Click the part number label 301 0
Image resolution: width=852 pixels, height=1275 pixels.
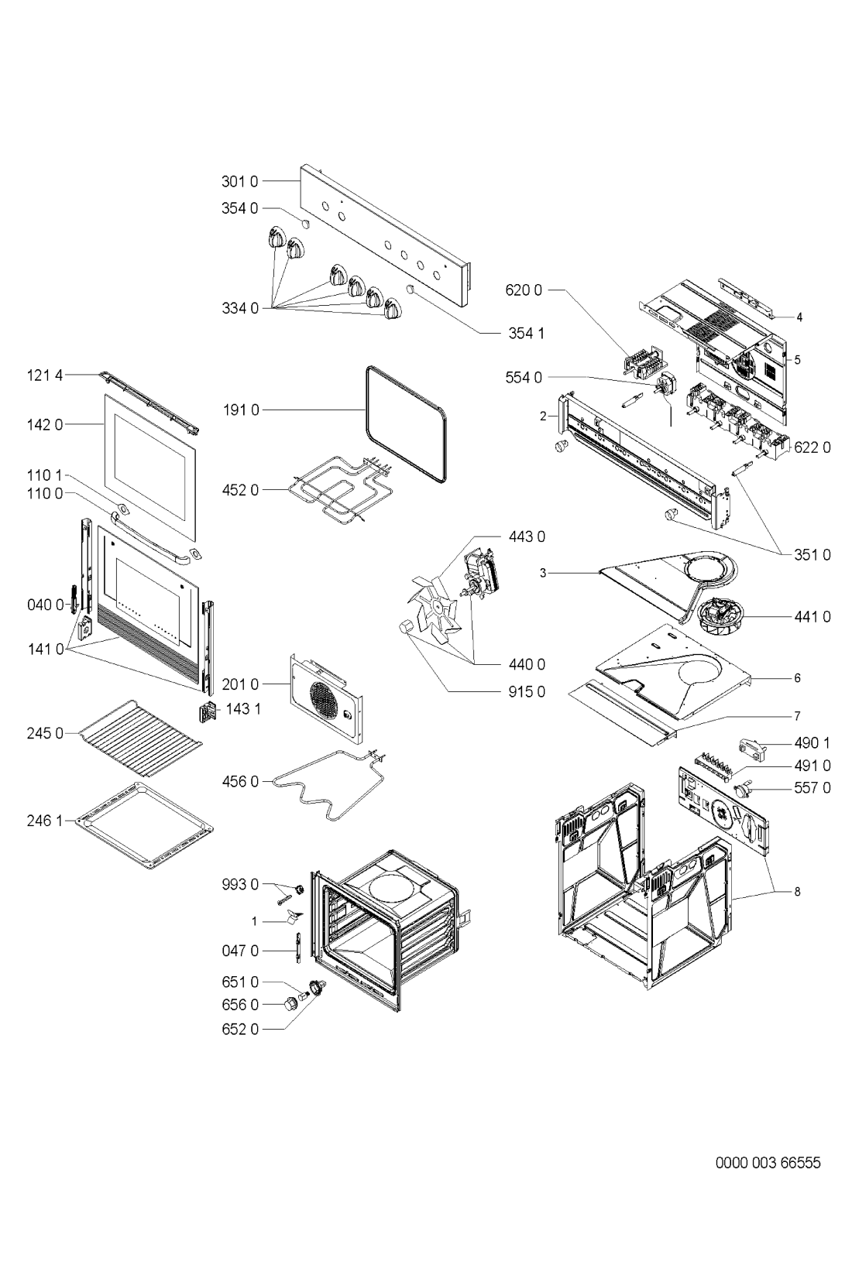pyautogui.click(x=240, y=182)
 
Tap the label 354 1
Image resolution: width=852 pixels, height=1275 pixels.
pyautogui.click(x=526, y=333)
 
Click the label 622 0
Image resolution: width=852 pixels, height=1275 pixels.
pyautogui.click(x=812, y=447)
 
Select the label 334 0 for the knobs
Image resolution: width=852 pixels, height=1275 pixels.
pyautogui.click(x=240, y=309)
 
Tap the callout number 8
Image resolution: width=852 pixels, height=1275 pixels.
pyautogui.click(x=797, y=891)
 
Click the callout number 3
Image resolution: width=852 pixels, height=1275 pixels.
pyautogui.click(x=543, y=573)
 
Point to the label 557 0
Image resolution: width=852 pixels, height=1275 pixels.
pyautogui.click(x=812, y=788)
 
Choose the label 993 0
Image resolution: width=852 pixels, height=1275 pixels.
pyautogui.click(x=240, y=885)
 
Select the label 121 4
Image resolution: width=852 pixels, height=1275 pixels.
pyautogui.click(x=44, y=375)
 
